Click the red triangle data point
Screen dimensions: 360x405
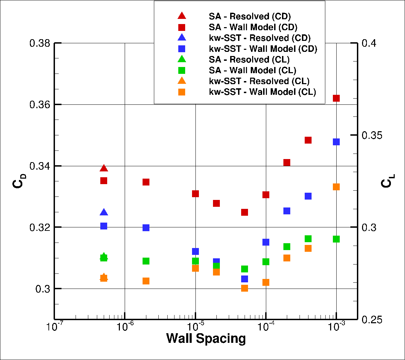pyautogui.click(x=104, y=168)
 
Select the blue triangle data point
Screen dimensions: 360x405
pyautogui.click(x=104, y=213)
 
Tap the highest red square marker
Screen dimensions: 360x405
pyautogui.click(x=336, y=98)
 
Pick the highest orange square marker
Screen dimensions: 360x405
pyautogui.click(x=336, y=187)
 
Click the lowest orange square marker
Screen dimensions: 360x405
pyautogui.click(x=245, y=288)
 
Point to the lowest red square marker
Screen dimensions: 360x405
pyautogui.click(x=245, y=212)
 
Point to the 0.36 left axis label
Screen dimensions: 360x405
pyautogui.click(x=40, y=104)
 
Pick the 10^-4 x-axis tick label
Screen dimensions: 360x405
pyautogui.click(x=266, y=327)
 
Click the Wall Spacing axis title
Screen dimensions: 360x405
pyautogui.click(x=206, y=338)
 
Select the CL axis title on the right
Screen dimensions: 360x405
pyautogui.click(x=387, y=181)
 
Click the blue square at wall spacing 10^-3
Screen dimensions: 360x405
pyautogui.click(x=336, y=142)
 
